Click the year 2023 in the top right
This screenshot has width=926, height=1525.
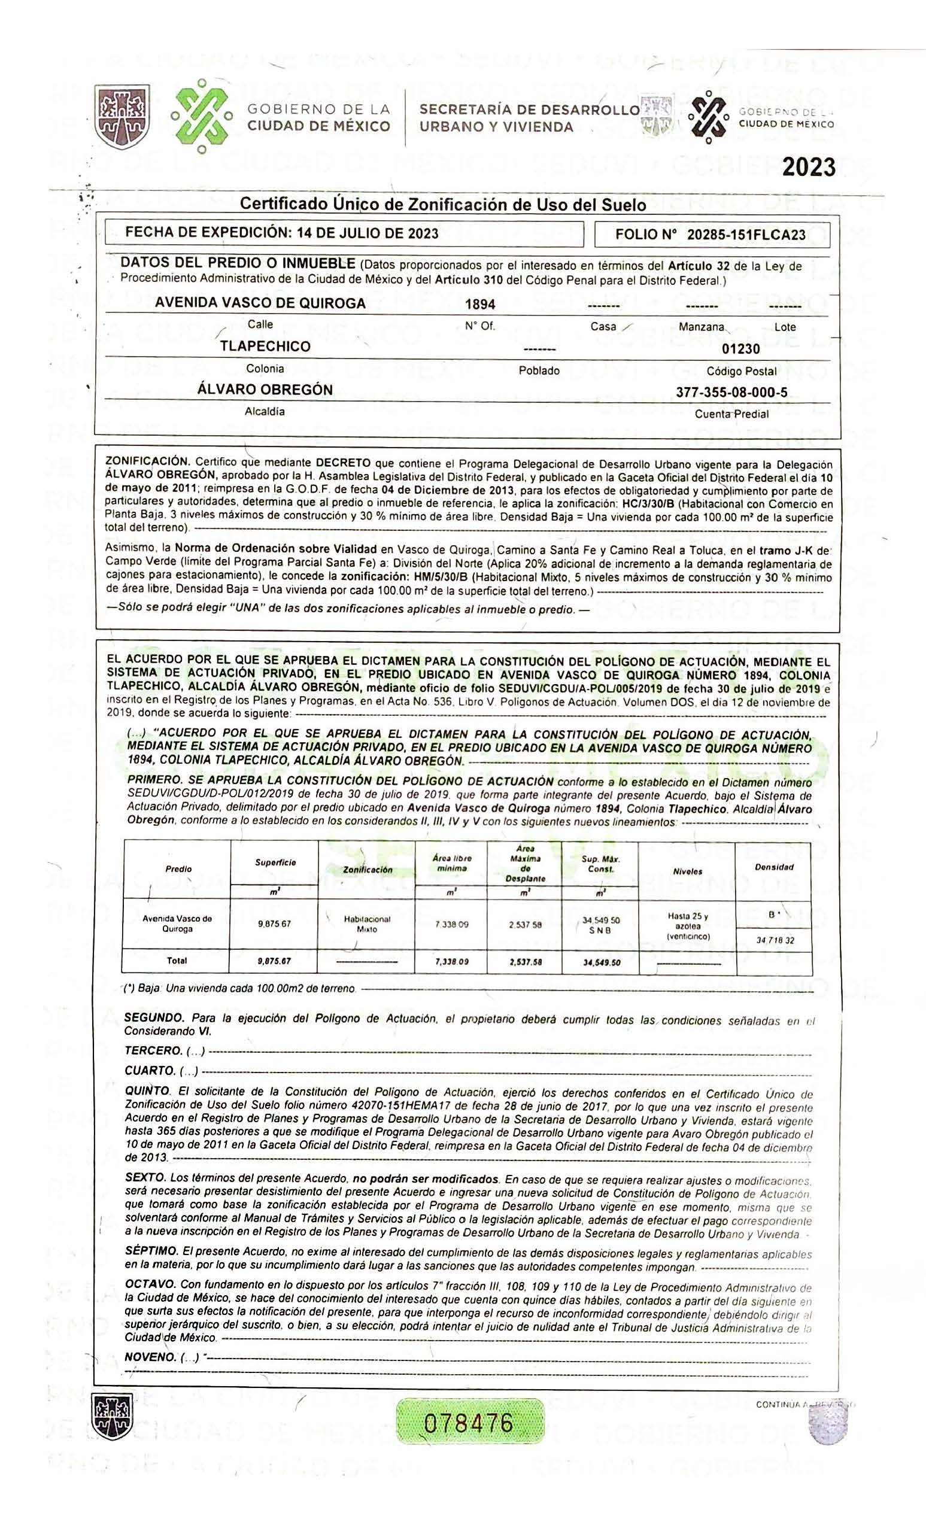coord(809,167)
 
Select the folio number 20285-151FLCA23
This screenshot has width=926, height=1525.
coord(746,235)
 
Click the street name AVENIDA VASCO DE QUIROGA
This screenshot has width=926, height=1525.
coord(260,303)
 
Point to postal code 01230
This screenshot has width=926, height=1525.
coord(741,349)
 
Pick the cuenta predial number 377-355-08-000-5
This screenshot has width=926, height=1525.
coord(731,393)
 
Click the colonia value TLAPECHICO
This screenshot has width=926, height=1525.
coord(265,347)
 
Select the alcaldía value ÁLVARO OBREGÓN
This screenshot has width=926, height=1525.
coord(265,390)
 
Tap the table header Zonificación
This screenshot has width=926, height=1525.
coord(367,870)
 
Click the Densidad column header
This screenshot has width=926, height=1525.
coord(774,867)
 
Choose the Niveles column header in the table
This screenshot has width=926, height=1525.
coord(688,871)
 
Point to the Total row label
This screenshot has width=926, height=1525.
coord(177,961)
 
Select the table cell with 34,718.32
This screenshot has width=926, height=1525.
coord(775,940)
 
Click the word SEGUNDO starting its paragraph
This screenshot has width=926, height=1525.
coord(154,1018)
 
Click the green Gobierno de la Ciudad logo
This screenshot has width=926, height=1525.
coord(201,116)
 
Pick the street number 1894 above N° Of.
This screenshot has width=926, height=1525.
coord(479,304)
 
